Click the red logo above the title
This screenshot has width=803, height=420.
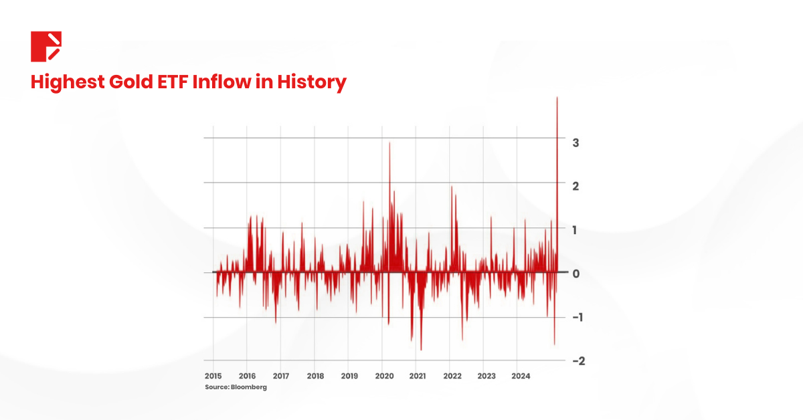46,46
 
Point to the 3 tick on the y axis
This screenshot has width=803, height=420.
575,142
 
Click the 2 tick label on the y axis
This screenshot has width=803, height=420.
575,185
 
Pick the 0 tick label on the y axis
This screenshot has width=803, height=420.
575,273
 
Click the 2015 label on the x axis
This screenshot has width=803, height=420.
213,376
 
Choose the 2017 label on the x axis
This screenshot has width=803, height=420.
281,376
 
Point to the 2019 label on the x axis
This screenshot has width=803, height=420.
349,376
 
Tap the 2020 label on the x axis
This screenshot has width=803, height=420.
384,376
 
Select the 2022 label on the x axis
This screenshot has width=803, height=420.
452,376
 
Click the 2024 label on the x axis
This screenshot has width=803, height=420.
521,376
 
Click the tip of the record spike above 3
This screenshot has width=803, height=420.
557,98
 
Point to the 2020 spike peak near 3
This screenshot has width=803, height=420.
389,143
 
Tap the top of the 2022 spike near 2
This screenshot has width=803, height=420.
452,187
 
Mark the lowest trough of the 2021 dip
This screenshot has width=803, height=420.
421,349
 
